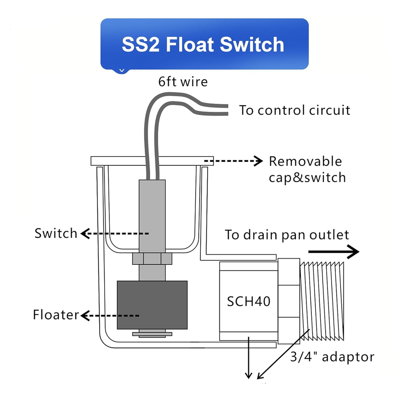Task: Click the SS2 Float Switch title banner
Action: click(x=204, y=44)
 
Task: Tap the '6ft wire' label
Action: click(x=183, y=82)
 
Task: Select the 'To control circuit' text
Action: click(x=294, y=110)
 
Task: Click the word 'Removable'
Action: click(x=305, y=162)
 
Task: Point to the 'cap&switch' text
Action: click(x=307, y=178)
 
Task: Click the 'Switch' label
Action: click(x=56, y=233)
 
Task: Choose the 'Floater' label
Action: click(x=56, y=315)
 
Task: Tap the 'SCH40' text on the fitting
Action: click(x=248, y=301)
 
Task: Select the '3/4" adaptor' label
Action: click(x=332, y=357)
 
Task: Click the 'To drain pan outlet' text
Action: click(x=287, y=235)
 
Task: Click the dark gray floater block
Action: click(x=152, y=305)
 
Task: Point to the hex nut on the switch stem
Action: click(x=152, y=259)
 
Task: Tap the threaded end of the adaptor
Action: click(x=322, y=301)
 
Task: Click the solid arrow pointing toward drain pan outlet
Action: click(x=334, y=251)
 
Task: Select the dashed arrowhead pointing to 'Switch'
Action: click(x=85, y=233)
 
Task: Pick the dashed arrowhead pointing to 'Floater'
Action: click(x=85, y=316)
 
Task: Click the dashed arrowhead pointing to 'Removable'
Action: click(x=258, y=161)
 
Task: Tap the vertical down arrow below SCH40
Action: click(x=248, y=357)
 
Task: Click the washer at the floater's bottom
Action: click(x=152, y=334)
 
